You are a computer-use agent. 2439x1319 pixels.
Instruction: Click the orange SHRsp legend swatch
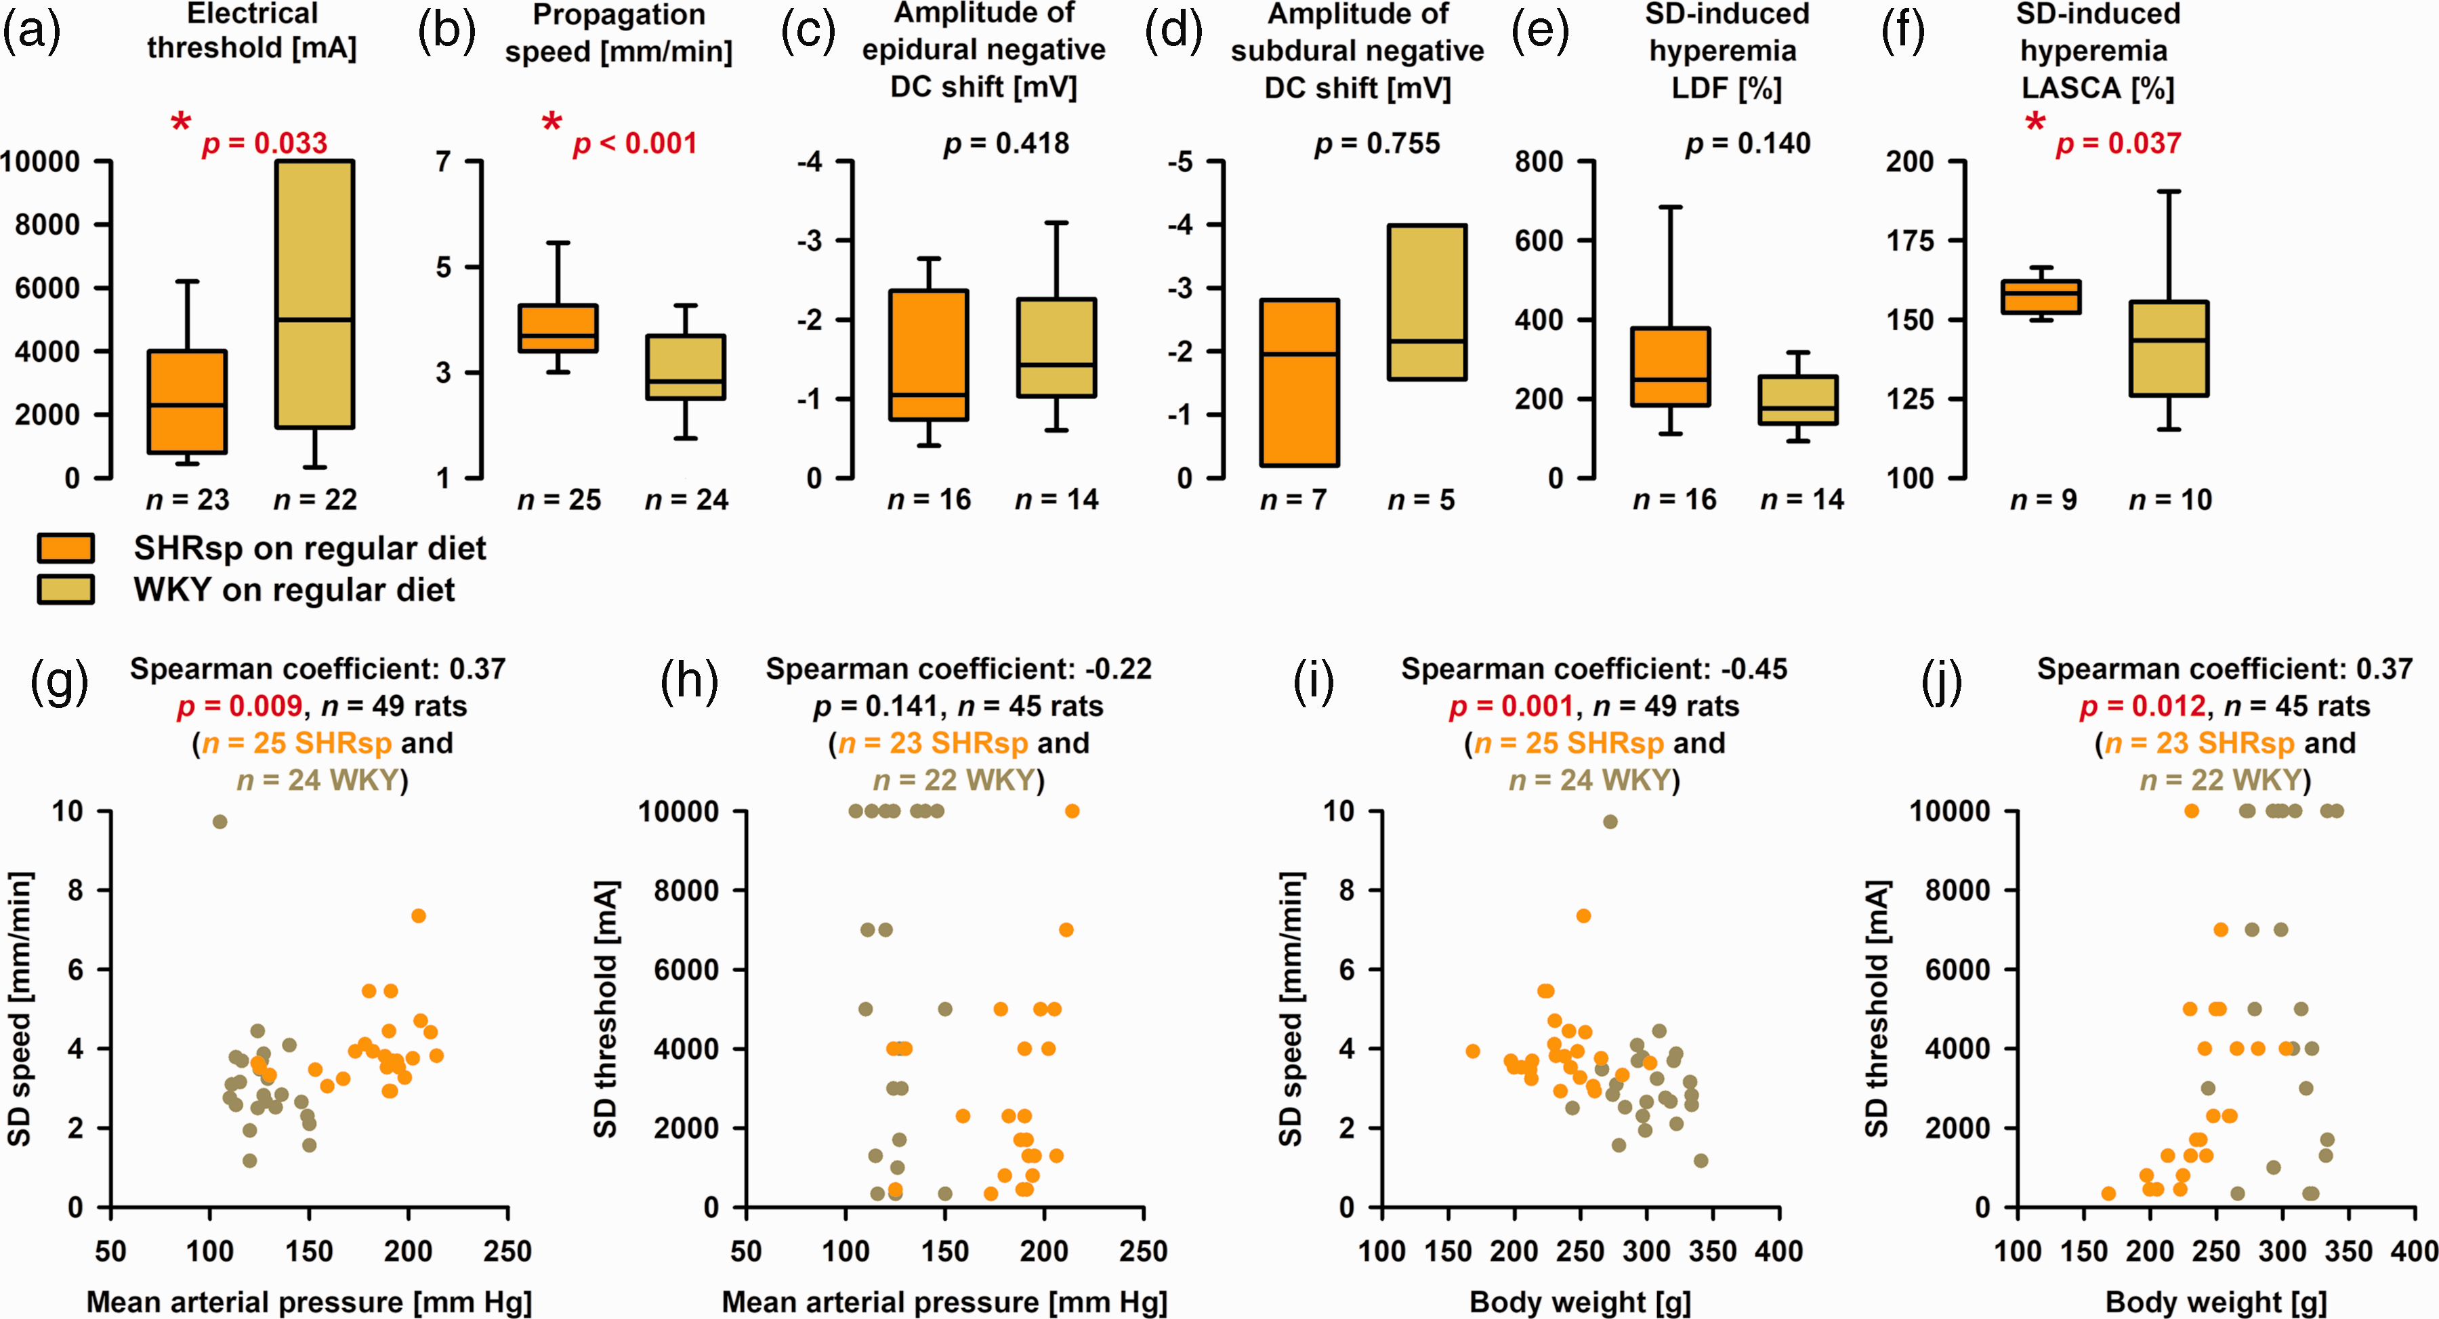[65, 548]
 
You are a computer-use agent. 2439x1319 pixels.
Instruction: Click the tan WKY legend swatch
[65, 589]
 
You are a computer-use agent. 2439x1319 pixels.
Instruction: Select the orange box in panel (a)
[188, 402]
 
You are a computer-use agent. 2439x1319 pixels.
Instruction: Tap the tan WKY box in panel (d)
[1427, 302]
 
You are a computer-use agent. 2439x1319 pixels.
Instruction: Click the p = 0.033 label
[265, 144]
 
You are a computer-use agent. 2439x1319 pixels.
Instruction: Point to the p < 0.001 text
[635, 144]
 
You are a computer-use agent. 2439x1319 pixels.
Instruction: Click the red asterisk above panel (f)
[2035, 122]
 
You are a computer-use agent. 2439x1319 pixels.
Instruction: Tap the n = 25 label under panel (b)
[559, 500]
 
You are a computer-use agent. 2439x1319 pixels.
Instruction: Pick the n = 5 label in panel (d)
[1421, 500]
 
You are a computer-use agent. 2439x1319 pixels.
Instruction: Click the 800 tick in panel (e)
[1539, 162]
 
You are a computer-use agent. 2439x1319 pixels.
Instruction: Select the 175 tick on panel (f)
[1910, 240]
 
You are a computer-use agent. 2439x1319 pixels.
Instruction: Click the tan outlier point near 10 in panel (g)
[220, 822]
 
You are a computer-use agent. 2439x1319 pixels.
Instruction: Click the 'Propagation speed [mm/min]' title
[619, 33]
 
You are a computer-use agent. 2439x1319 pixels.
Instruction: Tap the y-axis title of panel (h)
[606, 1009]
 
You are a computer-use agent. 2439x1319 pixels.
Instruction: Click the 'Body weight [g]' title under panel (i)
[1580, 1303]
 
